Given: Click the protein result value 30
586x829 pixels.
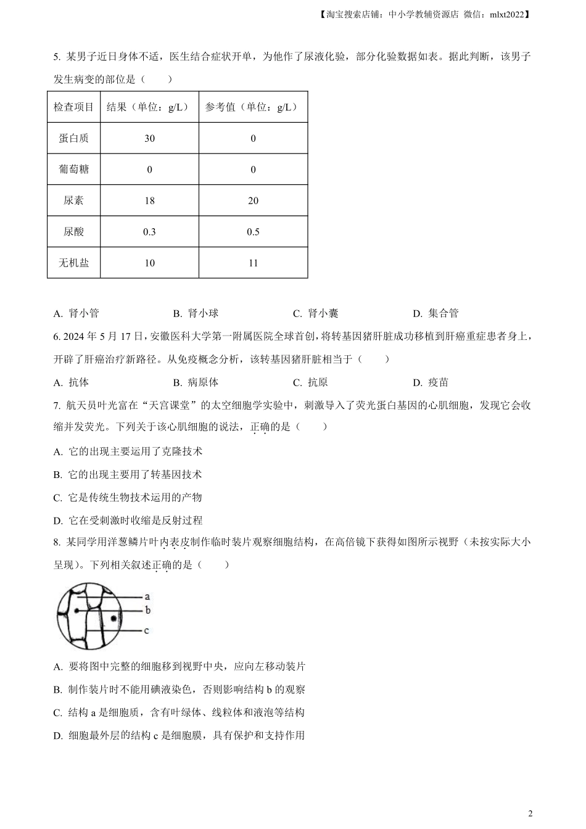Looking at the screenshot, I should point(149,138).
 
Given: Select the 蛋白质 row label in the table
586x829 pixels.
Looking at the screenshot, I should point(73,138).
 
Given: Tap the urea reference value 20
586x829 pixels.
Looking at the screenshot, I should point(253,200).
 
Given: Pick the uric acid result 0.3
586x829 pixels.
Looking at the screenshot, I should point(149,232).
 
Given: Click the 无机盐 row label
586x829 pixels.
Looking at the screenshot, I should point(73,263).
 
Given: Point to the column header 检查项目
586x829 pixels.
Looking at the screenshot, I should point(73,107).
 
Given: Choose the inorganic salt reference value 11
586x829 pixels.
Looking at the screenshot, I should point(253,263).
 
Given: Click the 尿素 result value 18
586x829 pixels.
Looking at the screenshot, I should point(149,200).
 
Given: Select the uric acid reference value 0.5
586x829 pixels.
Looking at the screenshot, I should point(253,232).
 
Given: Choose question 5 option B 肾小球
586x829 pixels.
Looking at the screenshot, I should point(196,313).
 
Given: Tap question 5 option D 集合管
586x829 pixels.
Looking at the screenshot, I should point(436,313).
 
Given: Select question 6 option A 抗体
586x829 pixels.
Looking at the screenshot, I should point(72,382).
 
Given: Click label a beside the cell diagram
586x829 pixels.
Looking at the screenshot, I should point(147,596).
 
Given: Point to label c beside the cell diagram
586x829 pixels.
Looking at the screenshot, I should point(147,630).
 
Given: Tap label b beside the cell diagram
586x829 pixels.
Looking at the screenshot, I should point(147,610).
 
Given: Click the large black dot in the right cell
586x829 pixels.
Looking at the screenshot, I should point(113,618).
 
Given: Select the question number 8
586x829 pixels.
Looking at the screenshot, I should point(56,542).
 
